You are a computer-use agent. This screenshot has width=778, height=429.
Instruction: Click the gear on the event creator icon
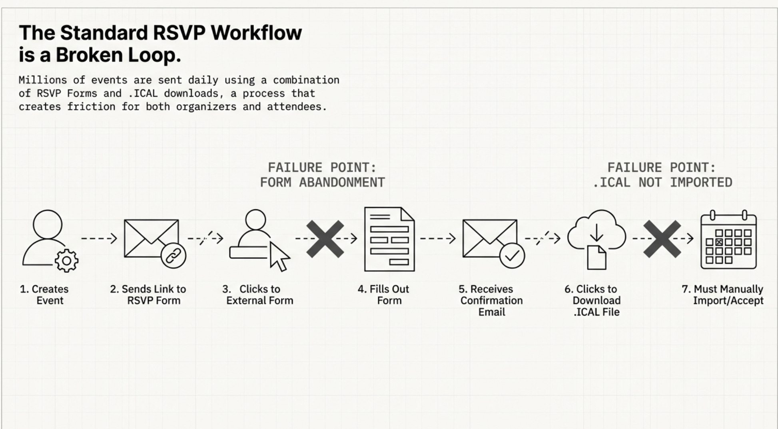coord(66,261)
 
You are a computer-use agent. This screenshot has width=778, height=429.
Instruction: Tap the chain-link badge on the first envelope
coord(173,256)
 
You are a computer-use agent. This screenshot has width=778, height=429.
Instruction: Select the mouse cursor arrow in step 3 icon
coord(279,257)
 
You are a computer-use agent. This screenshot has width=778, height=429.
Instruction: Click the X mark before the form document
coord(325,239)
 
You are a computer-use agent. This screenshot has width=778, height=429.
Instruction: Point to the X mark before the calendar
coord(662,239)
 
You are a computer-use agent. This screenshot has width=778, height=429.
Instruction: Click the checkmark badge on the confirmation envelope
coord(512,256)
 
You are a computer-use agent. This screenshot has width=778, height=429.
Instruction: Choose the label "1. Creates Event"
coord(44,294)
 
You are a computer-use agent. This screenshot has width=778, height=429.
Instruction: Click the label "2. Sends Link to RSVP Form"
coord(148,294)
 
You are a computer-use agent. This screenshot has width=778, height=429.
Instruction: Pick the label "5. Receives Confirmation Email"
coord(491,300)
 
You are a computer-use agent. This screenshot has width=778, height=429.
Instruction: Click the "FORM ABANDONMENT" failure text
coord(322,183)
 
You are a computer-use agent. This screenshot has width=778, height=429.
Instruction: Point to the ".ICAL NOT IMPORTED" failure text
coord(662,183)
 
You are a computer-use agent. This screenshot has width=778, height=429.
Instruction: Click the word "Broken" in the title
coord(89,55)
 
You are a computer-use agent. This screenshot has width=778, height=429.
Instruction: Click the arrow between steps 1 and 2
coord(99,238)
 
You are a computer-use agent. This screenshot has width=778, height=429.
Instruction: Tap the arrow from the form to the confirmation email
coord(438,238)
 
